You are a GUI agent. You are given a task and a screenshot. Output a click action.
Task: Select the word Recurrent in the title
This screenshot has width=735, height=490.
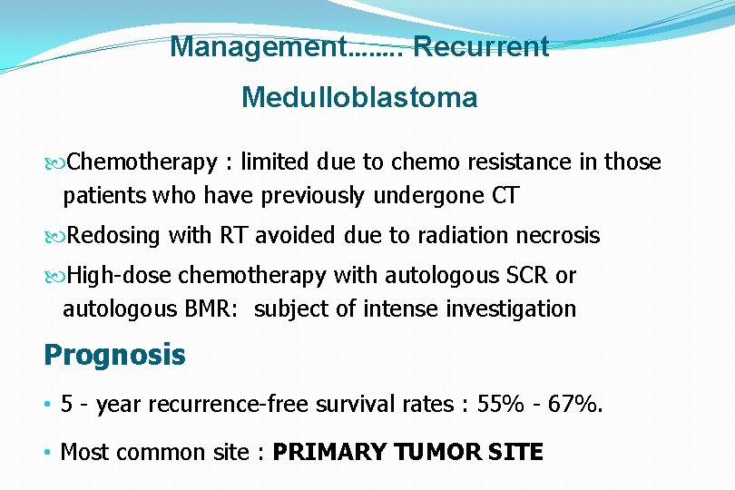(x=481, y=47)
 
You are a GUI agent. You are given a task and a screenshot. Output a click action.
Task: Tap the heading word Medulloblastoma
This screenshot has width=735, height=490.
(x=359, y=98)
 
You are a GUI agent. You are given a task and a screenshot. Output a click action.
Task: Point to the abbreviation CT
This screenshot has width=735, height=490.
(x=505, y=196)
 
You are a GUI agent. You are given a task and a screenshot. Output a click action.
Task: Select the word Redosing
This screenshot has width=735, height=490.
(x=113, y=236)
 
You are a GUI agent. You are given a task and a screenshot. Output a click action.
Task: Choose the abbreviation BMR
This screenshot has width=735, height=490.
(x=213, y=309)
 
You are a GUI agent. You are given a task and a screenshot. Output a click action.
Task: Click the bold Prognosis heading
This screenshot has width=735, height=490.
(x=114, y=355)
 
